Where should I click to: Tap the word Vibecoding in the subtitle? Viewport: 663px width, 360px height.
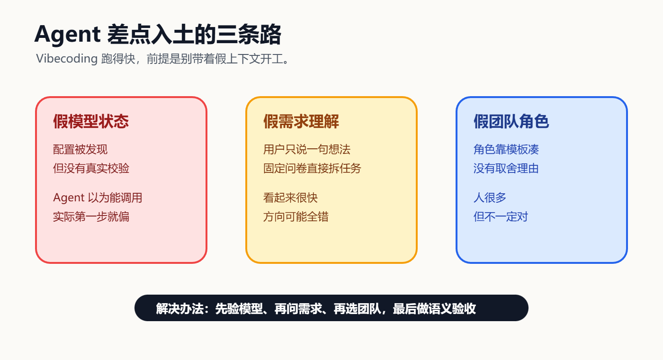tap(67, 58)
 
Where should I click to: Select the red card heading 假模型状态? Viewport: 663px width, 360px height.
tap(91, 121)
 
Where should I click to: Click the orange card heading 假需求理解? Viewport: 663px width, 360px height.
tap(301, 121)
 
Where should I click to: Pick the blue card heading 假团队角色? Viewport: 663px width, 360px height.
tap(511, 121)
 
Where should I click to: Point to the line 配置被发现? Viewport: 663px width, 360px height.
tap(80, 150)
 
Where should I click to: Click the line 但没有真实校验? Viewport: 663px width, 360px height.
tap(91, 169)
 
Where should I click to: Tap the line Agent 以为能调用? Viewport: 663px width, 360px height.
tap(98, 198)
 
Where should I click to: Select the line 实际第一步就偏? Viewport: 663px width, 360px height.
tap(91, 217)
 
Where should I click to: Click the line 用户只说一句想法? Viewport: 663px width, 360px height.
tap(307, 150)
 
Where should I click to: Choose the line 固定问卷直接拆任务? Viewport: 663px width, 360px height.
tap(312, 169)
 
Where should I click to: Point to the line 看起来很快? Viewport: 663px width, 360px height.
tap(290, 198)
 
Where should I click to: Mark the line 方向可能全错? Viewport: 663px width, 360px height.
tap(296, 217)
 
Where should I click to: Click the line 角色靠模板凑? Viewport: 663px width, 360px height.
tap(506, 150)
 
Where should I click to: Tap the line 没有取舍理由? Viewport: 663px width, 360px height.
tap(506, 169)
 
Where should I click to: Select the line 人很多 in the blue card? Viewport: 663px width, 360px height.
tap(490, 198)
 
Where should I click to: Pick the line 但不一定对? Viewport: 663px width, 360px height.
tap(501, 217)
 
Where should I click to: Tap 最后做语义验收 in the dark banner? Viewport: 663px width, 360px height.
tap(434, 309)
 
